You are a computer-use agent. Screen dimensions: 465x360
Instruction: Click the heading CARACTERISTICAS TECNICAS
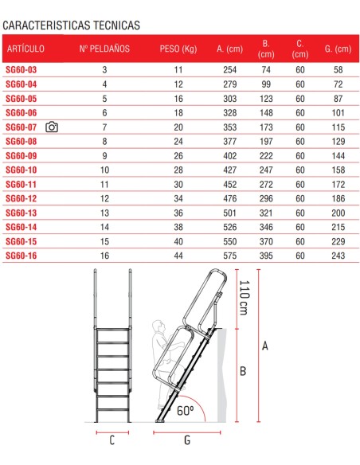point(71,25)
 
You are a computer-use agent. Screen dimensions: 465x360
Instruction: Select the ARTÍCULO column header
point(25,49)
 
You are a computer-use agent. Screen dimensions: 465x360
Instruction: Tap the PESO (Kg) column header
point(177,49)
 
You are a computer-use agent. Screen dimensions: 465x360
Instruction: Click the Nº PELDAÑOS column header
point(104,49)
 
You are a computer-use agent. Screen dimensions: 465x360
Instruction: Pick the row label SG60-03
point(22,71)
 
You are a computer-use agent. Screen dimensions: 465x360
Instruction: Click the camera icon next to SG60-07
point(52,127)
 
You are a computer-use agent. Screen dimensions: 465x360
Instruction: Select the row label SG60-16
point(22,256)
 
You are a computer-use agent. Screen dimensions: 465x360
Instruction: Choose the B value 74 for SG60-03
point(266,71)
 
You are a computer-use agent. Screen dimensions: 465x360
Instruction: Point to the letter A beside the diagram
point(264,345)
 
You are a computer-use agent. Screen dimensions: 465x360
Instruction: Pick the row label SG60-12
point(22,198)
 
